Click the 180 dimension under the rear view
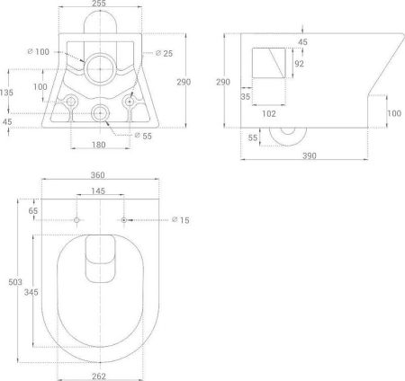click(x=100, y=143)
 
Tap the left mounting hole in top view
click(x=77, y=220)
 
